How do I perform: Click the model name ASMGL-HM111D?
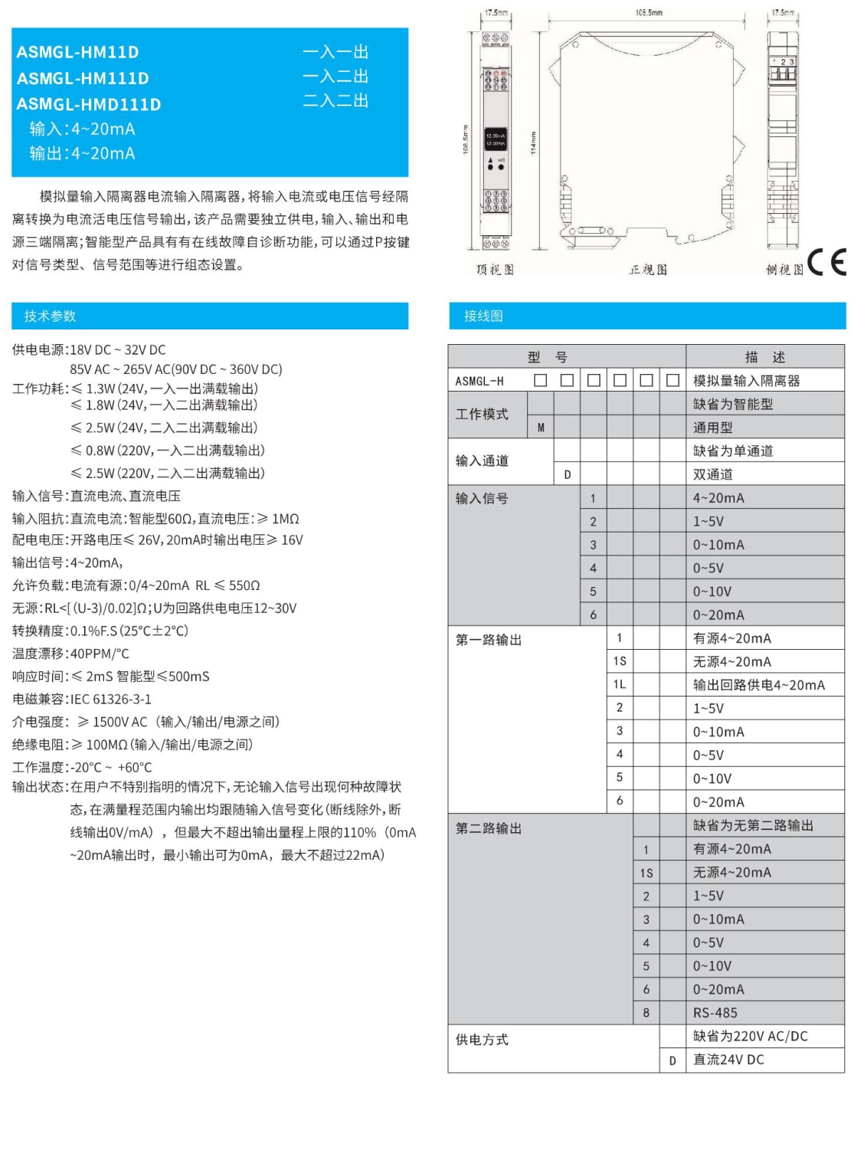coord(83,78)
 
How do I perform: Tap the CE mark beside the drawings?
coord(826,262)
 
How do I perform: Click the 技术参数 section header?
coord(50,316)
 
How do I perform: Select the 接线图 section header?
coord(483,316)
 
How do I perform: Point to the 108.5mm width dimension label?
coord(648,12)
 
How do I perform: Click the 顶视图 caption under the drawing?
coord(495,270)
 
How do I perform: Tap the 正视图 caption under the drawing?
coord(648,270)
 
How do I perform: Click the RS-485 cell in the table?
coord(715,1013)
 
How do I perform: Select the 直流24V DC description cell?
coord(728,1060)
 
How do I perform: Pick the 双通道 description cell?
coord(713,474)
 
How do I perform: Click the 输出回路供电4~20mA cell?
coord(759,685)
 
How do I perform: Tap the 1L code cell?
coord(620,684)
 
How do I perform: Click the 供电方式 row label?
coord(482,1040)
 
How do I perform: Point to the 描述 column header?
coord(764,357)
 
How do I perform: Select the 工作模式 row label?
coord(482,415)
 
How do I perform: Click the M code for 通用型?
coord(541,428)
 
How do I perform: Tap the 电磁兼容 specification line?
coord(82,699)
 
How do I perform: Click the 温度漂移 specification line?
coord(70,654)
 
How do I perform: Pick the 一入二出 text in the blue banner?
coord(335,77)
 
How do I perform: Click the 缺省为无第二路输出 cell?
coord(753,825)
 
